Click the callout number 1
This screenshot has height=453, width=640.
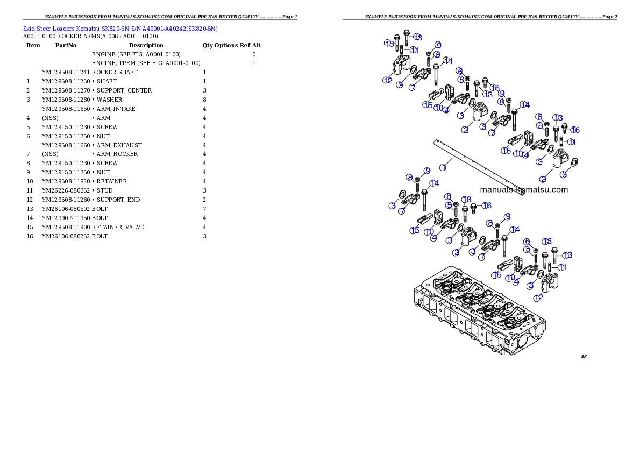coord(443,167)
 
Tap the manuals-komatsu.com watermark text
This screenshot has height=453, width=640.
coord(524,189)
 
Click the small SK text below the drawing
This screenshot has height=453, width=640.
coord(584,356)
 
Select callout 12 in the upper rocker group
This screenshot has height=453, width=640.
coord(387,80)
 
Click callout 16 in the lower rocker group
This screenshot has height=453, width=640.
coord(487,206)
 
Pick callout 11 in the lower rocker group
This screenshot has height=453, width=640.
coord(562,267)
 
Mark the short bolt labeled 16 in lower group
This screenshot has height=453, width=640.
coord(474,207)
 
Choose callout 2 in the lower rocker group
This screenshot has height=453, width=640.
coord(456,252)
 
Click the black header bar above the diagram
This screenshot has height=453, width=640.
coord(480,19)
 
